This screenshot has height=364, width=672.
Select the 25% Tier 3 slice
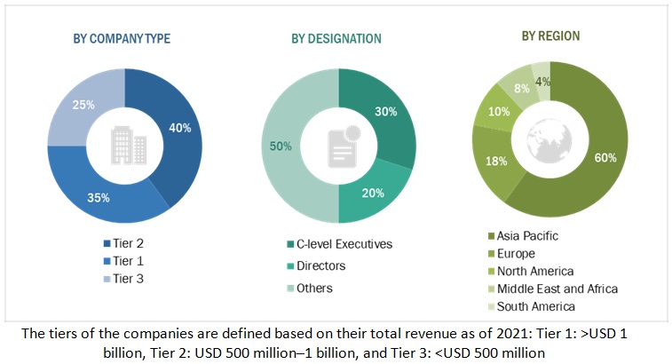(x=75, y=107)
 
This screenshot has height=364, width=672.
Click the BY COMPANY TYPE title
(x=123, y=39)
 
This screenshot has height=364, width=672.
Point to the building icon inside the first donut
(x=124, y=143)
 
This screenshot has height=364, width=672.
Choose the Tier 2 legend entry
(x=129, y=243)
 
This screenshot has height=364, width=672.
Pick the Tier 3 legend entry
(x=129, y=279)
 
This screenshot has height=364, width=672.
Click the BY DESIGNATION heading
(x=336, y=39)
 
